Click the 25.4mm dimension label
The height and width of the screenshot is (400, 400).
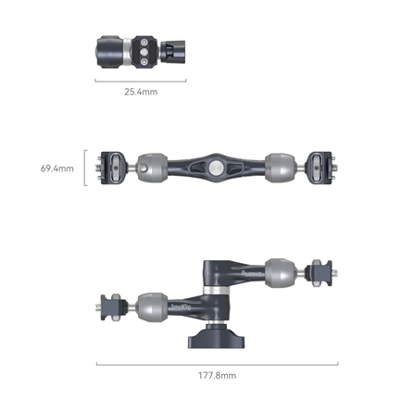click(140, 92)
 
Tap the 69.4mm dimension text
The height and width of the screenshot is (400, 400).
click(56, 169)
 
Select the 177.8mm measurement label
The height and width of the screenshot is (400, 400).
click(218, 375)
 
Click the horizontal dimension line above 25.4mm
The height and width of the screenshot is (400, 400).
click(140, 80)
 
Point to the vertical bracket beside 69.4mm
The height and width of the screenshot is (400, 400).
click(85, 169)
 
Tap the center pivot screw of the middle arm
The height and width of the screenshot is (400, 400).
click(215, 169)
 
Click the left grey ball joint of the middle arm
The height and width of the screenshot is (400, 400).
click(153, 169)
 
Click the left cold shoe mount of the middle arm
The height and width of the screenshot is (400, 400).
click(115, 169)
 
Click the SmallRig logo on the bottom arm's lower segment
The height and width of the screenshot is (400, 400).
click(181, 304)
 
